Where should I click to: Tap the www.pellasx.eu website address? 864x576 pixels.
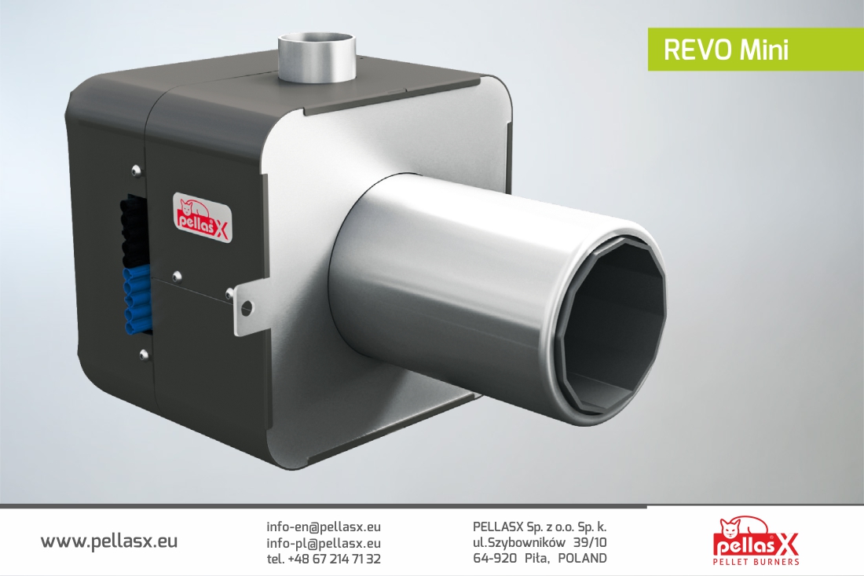coord(109,541)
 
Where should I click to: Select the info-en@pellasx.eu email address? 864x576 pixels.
coord(324,526)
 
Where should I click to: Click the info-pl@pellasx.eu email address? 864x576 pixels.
coord(324,543)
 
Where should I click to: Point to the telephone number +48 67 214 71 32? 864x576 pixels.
coord(324,559)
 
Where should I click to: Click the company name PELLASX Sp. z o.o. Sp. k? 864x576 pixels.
coord(540,526)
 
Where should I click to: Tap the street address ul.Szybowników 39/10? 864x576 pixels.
coord(540,543)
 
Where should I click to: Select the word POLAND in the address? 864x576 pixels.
coord(582,559)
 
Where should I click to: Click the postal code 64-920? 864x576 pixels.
coord(495,559)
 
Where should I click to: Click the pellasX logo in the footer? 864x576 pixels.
coord(756,537)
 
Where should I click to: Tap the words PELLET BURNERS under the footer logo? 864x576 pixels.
coord(756,562)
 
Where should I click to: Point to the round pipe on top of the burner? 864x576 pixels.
coord(317,57)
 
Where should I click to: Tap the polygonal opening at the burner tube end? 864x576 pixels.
coord(613,321)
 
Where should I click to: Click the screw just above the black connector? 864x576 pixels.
coord(137,169)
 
